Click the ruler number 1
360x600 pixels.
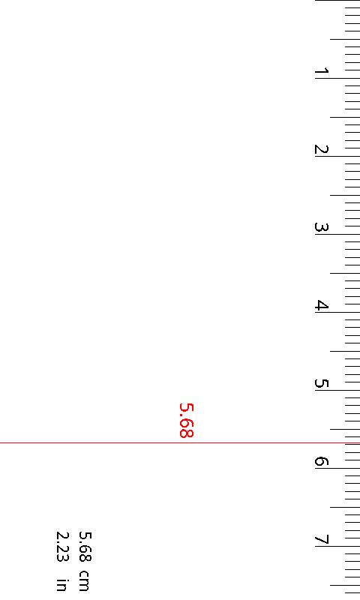pos(321,72)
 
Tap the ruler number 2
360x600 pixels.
pos(321,150)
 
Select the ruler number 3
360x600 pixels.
pos(321,228)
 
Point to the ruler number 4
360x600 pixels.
pos(321,306)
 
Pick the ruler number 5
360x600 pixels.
pos(321,384)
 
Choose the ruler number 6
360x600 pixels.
pos(321,462)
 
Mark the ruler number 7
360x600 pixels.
pos(321,540)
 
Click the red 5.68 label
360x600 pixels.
pos(187,420)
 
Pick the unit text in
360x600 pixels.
pos(63,583)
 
